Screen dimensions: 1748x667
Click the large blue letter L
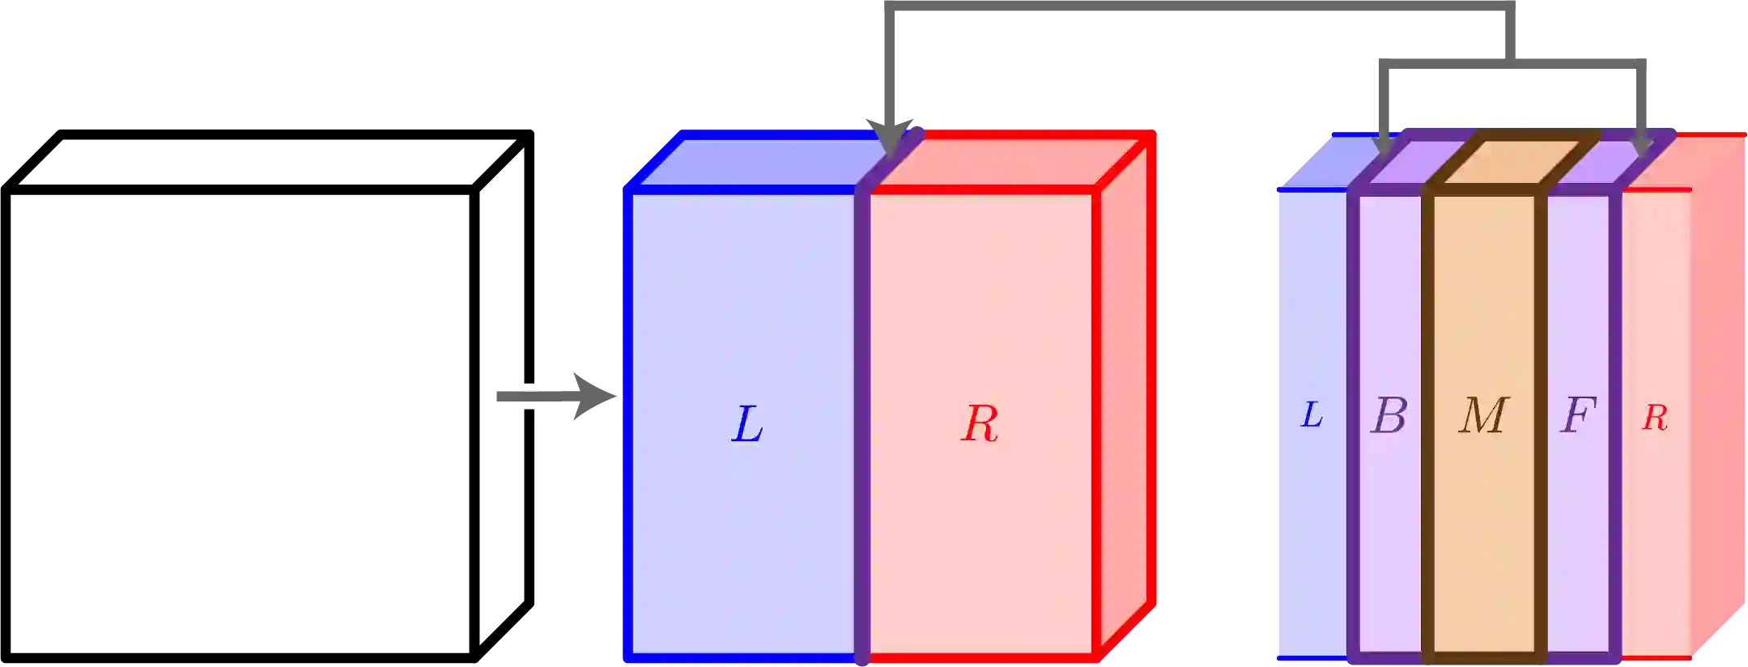click(x=746, y=424)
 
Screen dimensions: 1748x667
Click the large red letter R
click(x=980, y=423)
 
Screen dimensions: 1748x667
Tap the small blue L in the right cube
click(x=1312, y=415)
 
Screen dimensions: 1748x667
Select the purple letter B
click(x=1389, y=416)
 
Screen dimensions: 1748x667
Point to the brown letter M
click(x=1483, y=416)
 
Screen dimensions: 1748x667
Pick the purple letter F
click(x=1578, y=415)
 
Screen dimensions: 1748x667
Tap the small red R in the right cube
click(x=1655, y=418)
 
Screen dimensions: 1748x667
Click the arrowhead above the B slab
click(x=1384, y=146)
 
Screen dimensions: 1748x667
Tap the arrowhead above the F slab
click(x=1642, y=146)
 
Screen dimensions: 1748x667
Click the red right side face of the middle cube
click(x=1125, y=397)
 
